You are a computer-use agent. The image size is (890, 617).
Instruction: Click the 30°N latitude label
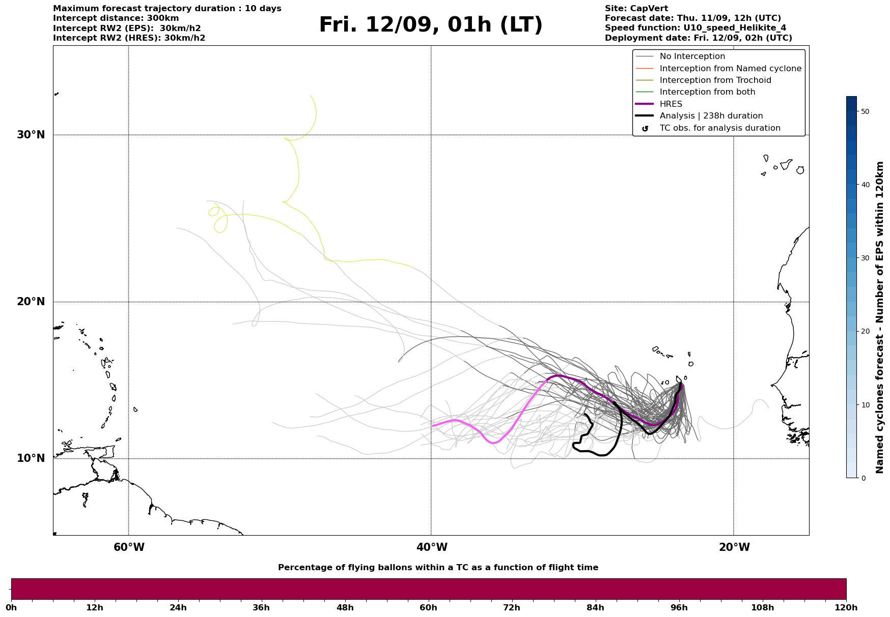pyautogui.click(x=31, y=135)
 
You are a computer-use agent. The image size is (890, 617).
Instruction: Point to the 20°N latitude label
pyautogui.click(x=31, y=302)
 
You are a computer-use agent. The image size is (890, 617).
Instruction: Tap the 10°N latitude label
pyautogui.click(x=31, y=458)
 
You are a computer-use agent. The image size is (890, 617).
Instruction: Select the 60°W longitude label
pyautogui.click(x=129, y=547)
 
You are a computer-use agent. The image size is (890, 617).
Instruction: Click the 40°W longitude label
pyautogui.click(x=432, y=547)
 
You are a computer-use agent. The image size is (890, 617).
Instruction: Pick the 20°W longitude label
pyautogui.click(x=734, y=547)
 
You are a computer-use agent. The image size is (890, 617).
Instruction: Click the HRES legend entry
pyautogui.click(x=671, y=104)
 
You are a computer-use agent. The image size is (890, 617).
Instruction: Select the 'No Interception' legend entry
pyautogui.click(x=692, y=56)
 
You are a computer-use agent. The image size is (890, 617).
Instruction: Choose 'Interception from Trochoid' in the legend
pyautogui.click(x=715, y=80)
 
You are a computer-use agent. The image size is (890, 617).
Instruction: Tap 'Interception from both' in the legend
pyautogui.click(x=707, y=92)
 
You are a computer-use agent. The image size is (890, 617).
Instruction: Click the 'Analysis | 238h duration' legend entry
pyautogui.click(x=711, y=116)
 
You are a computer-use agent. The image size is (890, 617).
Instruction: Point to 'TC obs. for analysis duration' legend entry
pyautogui.click(x=719, y=128)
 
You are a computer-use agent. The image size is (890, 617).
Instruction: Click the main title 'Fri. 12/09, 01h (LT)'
pyautogui.click(x=431, y=25)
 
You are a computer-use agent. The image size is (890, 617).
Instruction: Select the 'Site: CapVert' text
pyautogui.click(x=636, y=9)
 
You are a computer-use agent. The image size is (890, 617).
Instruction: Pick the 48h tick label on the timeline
pyautogui.click(x=345, y=607)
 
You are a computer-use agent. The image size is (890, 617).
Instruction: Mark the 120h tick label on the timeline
pyautogui.click(x=846, y=607)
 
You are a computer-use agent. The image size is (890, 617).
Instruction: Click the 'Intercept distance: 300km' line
pyautogui.click(x=116, y=18)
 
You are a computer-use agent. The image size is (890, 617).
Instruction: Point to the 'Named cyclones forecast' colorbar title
pyautogui.click(x=879, y=317)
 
